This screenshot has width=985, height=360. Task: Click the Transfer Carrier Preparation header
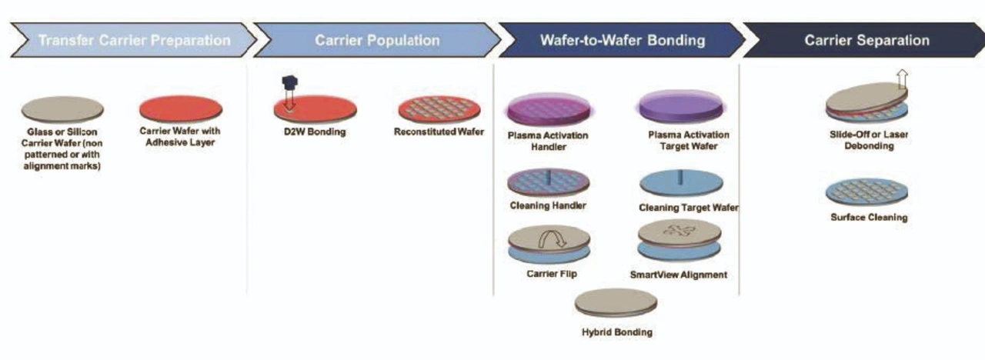point(134,40)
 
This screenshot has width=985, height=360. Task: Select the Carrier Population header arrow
point(377,40)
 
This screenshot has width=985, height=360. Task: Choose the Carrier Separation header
point(866,40)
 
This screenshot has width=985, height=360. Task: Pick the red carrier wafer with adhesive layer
point(181,109)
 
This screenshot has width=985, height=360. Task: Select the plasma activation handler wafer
point(548,109)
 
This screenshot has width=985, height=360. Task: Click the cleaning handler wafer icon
point(548,182)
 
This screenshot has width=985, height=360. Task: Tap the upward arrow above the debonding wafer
point(903,78)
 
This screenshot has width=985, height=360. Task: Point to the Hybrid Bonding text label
point(616,332)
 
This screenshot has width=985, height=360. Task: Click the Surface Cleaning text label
point(868,218)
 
